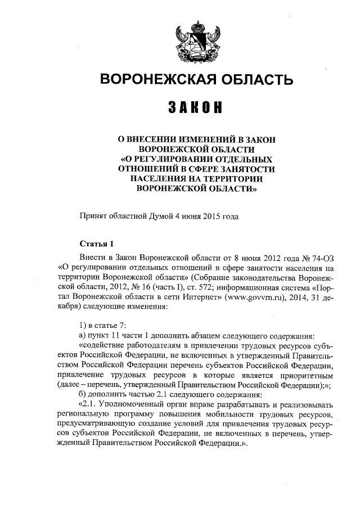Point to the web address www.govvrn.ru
253,298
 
